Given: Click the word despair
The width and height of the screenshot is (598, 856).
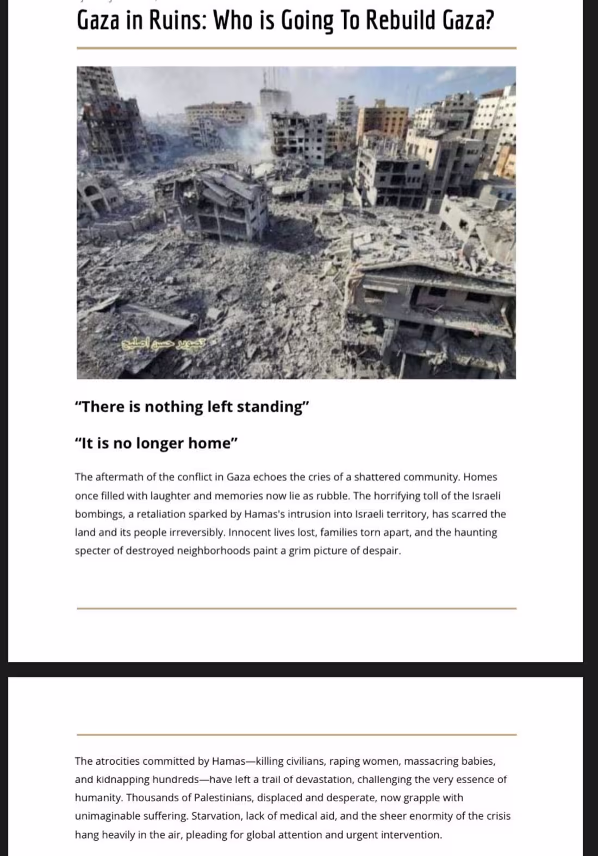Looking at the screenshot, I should [383, 551].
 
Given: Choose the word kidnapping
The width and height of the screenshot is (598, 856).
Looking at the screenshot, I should [122, 779].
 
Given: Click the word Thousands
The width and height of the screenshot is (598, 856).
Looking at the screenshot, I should [151, 798].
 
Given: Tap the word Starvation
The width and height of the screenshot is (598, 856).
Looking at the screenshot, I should [216, 816].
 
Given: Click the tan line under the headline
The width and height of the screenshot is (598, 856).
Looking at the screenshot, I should [296, 48].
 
